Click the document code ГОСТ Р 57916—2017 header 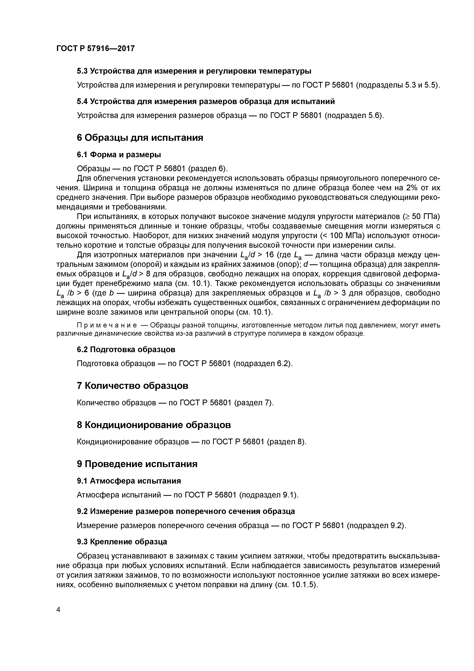[96, 49]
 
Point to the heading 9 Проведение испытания [137, 464]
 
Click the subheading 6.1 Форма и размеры [119, 154]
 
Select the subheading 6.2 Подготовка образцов [126, 349]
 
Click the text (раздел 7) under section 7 [254, 403]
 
